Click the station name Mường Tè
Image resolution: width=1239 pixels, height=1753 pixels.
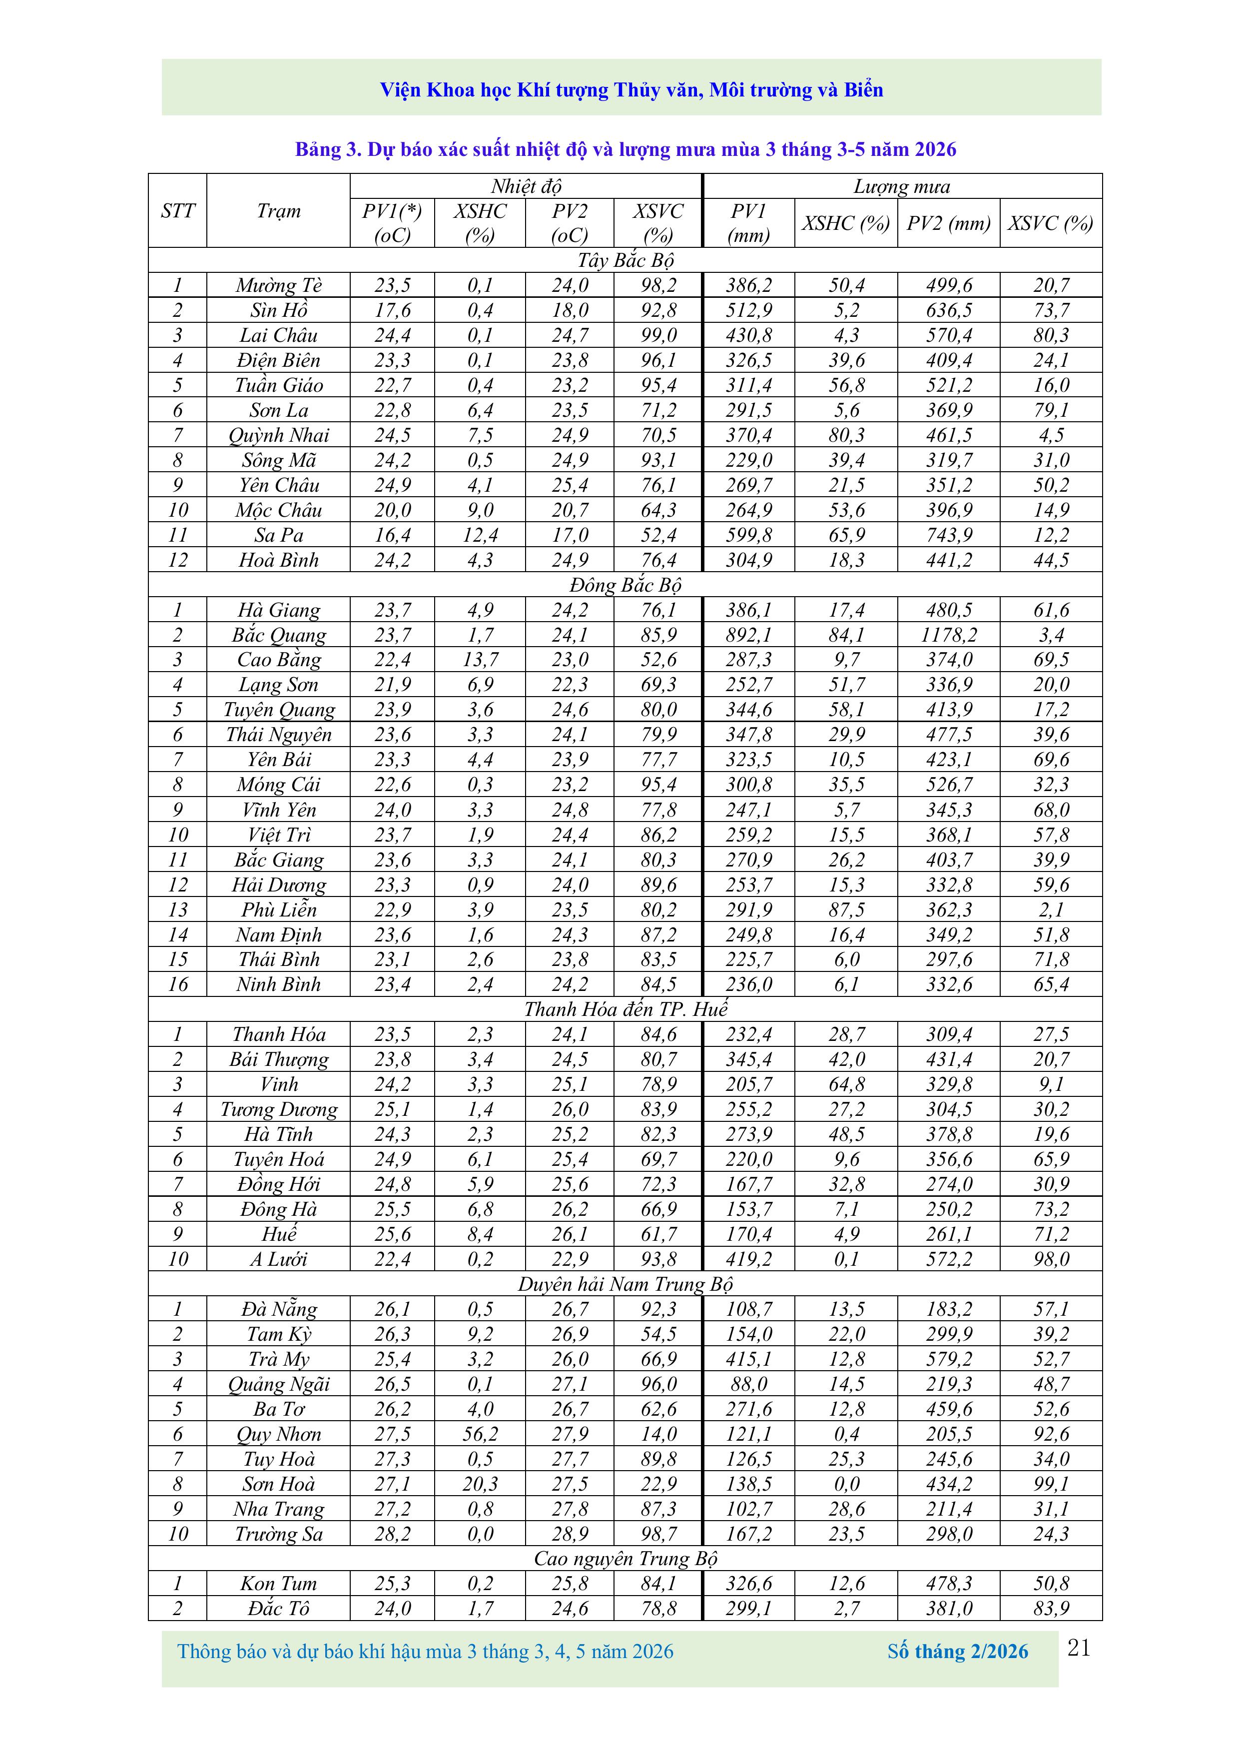click(x=279, y=285)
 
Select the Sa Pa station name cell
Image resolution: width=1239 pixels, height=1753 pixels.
click(x=279, y=535)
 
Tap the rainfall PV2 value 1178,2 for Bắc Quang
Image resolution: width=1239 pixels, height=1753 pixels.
click(x=949, y=635)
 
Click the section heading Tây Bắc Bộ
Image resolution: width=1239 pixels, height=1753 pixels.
click(x=625, y=260)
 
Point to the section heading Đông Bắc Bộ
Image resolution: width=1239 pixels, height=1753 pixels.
click(x=625, y=586)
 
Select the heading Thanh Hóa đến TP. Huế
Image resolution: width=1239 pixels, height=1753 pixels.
click(x=625, y=1009)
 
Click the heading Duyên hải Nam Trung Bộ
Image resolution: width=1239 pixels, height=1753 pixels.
click(x=625, y=1284)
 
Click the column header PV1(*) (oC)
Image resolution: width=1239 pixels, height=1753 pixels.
click(x=392, y=223)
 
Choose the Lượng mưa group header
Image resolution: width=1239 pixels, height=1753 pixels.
click(x=902, y=187)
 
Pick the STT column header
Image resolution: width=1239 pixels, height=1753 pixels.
click(x=178, y=211)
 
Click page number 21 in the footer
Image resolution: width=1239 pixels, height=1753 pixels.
click(x=1079, y=1649)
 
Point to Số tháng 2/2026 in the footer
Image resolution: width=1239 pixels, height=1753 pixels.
click(x=957, y=1652)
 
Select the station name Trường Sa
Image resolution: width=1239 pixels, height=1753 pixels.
click(x=279, y=1535)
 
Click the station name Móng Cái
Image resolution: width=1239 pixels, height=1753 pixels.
click(x=279, y=785)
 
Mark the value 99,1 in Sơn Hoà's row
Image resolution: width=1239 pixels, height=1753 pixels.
click(x=1051, y=1484)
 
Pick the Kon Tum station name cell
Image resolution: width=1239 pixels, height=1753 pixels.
click(x=279, y=1584)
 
